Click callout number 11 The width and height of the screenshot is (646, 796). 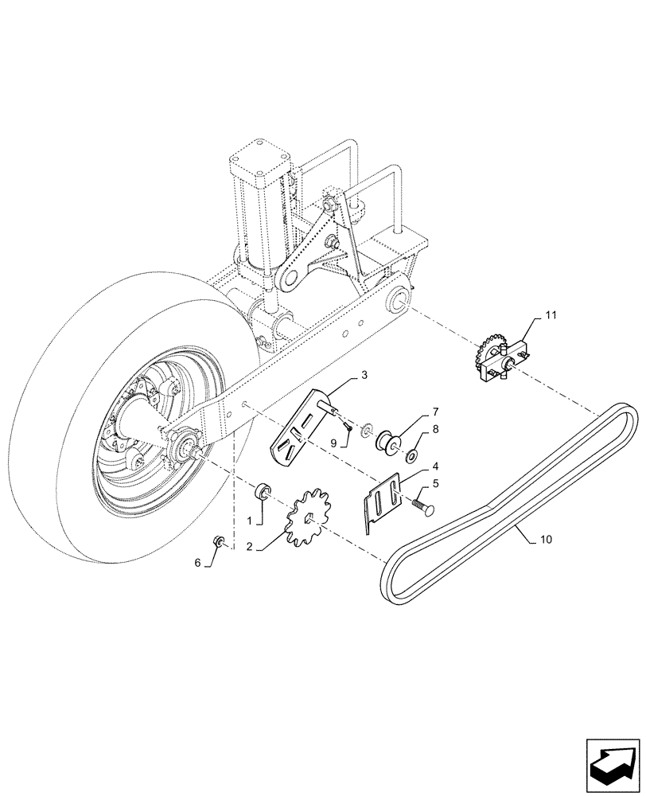[x=551, y=316]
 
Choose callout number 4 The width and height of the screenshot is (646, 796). [x=436, y=466]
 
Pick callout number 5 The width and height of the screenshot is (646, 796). [x=436, y=482]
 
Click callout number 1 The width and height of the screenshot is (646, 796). [x=249, y=519]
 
